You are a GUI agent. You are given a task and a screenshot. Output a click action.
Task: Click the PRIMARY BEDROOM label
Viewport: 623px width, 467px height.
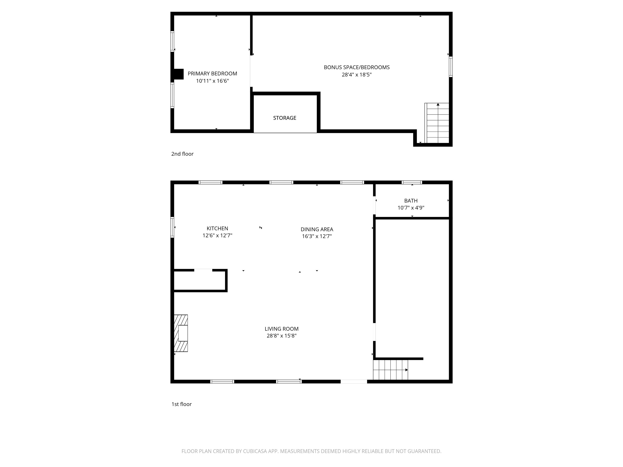(x=212, y=73)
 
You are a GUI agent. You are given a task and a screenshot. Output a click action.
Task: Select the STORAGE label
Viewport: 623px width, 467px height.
(x=285, y=118)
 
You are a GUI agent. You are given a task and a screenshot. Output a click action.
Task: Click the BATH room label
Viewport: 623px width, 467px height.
(x=411, y=201)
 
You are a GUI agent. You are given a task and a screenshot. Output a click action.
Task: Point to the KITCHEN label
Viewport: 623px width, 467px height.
(x=217, y=228)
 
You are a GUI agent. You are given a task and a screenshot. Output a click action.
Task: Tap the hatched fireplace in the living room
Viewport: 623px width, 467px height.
(x=181, y=333)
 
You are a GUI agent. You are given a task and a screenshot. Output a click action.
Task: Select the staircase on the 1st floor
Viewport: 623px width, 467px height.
(x=390, y=370)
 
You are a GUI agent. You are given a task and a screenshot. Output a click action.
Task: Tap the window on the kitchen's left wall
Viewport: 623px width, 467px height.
(x=172, y=227)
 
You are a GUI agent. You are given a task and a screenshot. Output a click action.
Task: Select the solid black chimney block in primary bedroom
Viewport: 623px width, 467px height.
(x=178, y=74)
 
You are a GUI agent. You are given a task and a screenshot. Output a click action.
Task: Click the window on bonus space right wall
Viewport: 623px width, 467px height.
(x=450, y=67)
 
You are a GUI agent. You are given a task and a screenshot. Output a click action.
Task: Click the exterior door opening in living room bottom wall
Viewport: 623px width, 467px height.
(x=353, y=381)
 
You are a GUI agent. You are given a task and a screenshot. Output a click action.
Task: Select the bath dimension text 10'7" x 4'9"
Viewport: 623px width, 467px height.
(x=411, y=208)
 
